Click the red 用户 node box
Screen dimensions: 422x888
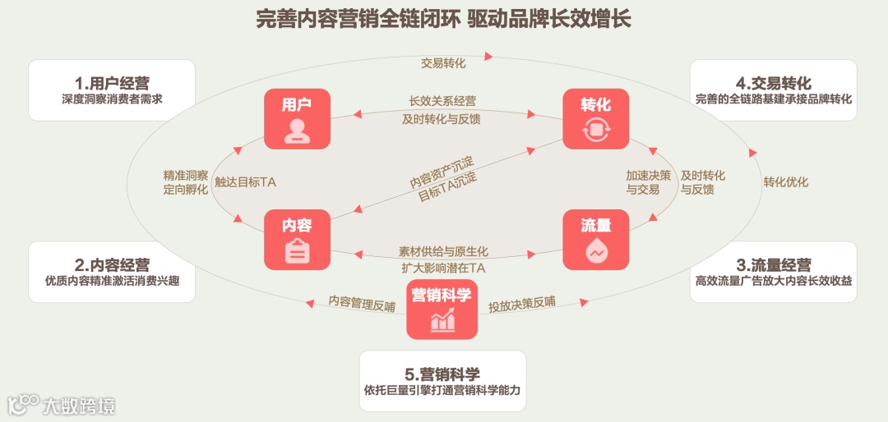[297, 118]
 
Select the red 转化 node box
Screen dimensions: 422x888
[596, 118]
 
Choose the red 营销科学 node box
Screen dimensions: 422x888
[442, 309]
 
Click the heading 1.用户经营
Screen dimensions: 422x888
[112, 83]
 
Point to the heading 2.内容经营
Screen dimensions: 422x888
[112, 264]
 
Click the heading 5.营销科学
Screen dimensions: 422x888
[442, 374]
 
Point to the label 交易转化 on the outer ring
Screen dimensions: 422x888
[443, 62]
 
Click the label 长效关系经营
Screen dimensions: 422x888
[442, 101]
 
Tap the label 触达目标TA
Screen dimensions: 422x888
[245, 182]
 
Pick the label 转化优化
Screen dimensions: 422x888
[785, 182]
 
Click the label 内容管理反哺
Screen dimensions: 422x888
[361, 303]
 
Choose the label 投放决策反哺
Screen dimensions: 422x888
[521, 304]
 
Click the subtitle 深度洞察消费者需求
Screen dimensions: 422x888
[112, 100]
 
